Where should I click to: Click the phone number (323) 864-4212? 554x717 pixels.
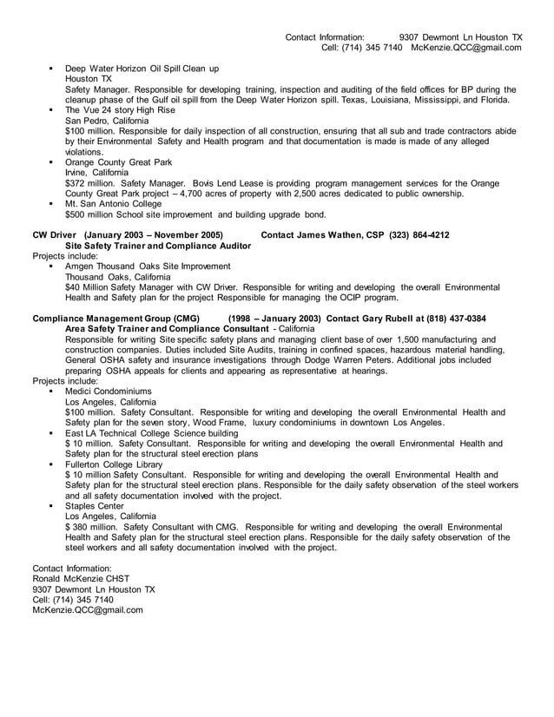pyautogui.click(x=419, y=235)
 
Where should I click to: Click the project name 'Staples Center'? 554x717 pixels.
pyautogui.click(x=95, y=506)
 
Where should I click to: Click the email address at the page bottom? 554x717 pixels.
pyautogui.click(x=88, y=609)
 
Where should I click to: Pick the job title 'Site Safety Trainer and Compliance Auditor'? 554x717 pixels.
pyautogui.click(x=159, y=246)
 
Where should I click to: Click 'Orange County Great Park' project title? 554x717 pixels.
pyautogui.click(x=119, y=162)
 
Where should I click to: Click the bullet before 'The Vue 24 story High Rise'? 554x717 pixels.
pyautogui.click(x=52, y=110)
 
